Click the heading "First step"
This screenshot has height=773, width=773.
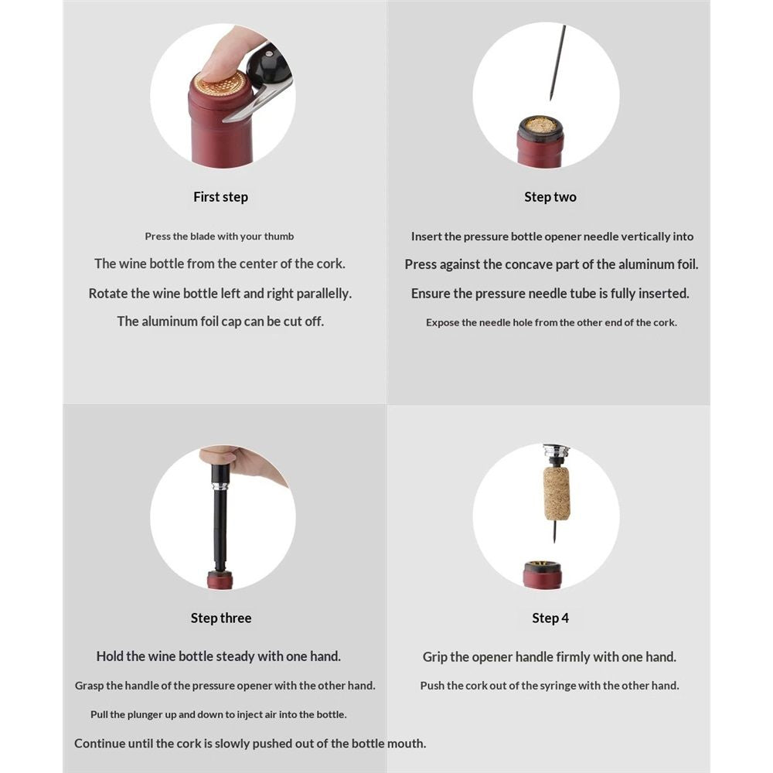(x=220, y=197)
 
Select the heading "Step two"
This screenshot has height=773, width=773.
(x=550, y=197)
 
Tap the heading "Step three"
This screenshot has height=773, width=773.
(x=221, y=618)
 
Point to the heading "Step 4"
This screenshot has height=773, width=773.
(x=550, y=618)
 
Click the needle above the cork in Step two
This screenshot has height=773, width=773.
(x=557, y=63)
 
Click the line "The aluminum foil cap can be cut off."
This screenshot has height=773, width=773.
(x=220, y=322)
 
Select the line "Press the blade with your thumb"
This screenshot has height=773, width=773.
(x=220, y=237)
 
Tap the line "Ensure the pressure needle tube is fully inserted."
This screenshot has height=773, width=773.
(x=550, y=294)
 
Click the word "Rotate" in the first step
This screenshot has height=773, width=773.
(x=107, y=294)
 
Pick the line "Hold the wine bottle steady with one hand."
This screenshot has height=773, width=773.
(x=219, y=656)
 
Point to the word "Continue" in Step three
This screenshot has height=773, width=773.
(x=98, y=744)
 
